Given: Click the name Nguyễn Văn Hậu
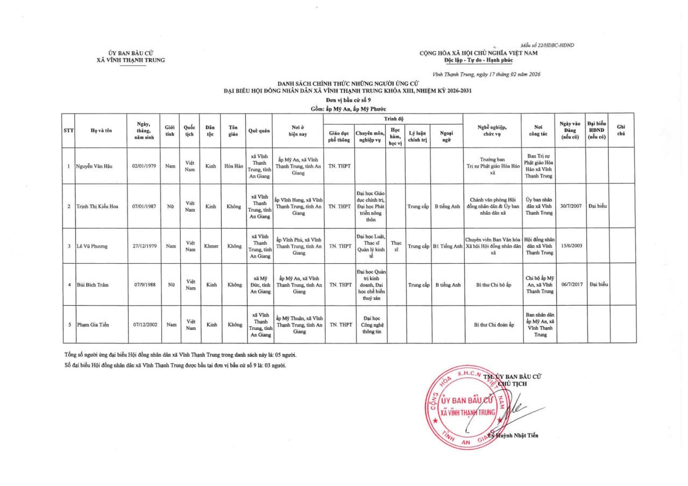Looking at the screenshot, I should click(94, 166).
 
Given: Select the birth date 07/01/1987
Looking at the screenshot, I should click(144, 206).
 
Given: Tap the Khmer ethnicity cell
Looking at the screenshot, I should click(210, 246).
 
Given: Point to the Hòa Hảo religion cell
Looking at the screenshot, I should click(233, 166).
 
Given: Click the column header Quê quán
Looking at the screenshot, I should click(259, 130).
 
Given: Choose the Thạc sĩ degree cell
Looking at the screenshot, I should click(396, 246).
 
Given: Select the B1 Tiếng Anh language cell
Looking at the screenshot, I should click(448, 246).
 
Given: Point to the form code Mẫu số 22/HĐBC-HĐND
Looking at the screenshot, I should click(547, 45).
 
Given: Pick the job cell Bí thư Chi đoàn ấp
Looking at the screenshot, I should click(494, 325).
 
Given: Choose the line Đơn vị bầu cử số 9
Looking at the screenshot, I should click(348, 100).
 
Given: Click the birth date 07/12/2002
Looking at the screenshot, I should click(144, 325).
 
